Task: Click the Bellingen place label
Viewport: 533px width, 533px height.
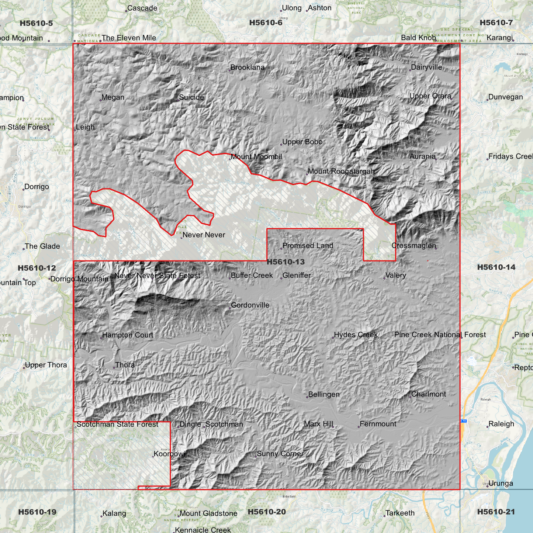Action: coord(323,394)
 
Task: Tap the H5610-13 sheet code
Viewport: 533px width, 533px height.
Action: coord(285,262)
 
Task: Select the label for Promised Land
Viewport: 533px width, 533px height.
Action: coord(308,246)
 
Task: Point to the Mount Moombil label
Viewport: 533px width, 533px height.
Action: coord(256,157)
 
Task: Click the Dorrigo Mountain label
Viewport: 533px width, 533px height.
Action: coord(79,279)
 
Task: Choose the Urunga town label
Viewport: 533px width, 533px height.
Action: coord(501,483)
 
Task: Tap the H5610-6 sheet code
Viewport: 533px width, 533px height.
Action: coord(266,23)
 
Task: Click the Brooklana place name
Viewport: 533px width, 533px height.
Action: coord(248,68)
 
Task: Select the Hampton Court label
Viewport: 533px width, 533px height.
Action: coord(128,335)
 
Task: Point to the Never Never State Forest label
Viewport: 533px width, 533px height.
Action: coord(157,276)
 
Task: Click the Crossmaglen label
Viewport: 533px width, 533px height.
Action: coord(413,246)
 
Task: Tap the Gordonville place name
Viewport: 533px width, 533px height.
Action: coord(250,305)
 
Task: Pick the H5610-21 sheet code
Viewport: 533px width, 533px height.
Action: coord(496,512)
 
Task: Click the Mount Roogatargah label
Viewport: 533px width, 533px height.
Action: coord(341,171)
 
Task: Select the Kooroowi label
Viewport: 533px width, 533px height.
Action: coord(169,454)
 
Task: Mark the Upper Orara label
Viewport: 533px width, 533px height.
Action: coord(430,96)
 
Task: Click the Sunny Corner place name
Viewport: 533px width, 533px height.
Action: coord(280,454)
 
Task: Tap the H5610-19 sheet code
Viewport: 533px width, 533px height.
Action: coord(37,512)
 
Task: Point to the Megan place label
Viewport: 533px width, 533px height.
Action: coord(113,97)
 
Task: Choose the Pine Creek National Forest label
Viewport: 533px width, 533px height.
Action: coord(440,335)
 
